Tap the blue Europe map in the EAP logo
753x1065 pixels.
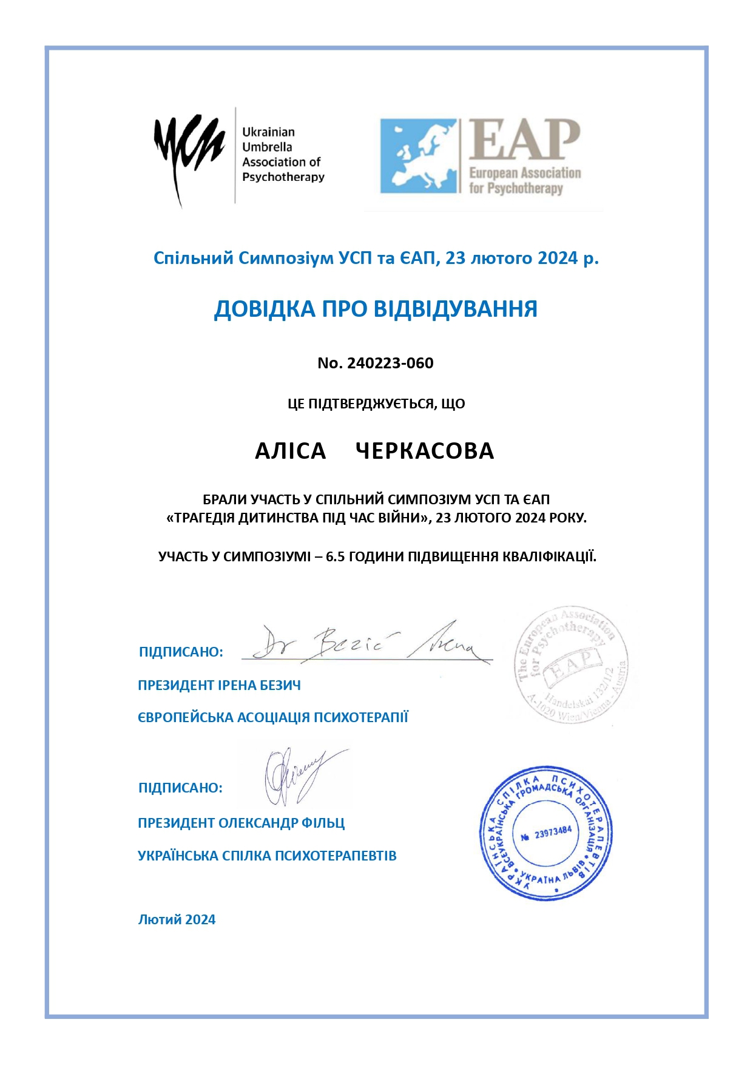(419, 156)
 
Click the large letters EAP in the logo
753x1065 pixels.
(524, 141)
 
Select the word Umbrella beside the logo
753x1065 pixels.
(267, 147)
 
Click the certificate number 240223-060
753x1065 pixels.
(390, 363)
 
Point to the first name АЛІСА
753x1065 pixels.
(291, 451)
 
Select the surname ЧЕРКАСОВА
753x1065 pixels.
(425, 451)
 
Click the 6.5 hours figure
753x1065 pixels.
(336, 556)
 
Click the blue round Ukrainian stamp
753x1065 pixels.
(546, 833)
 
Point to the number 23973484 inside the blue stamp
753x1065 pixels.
(552, 833)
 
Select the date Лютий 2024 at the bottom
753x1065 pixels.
(177, 919)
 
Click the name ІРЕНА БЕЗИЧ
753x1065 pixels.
(259, 685)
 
